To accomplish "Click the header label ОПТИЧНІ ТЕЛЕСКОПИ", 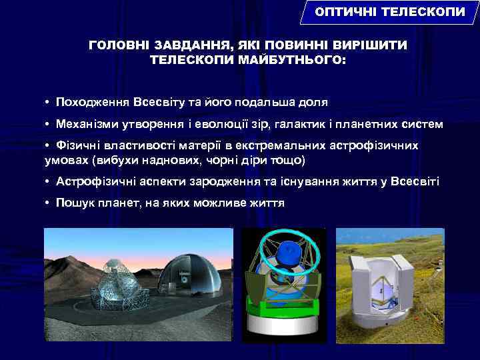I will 389,13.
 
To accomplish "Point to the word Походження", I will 93,103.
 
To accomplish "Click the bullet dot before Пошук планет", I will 49,203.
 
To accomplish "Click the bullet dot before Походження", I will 49,103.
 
